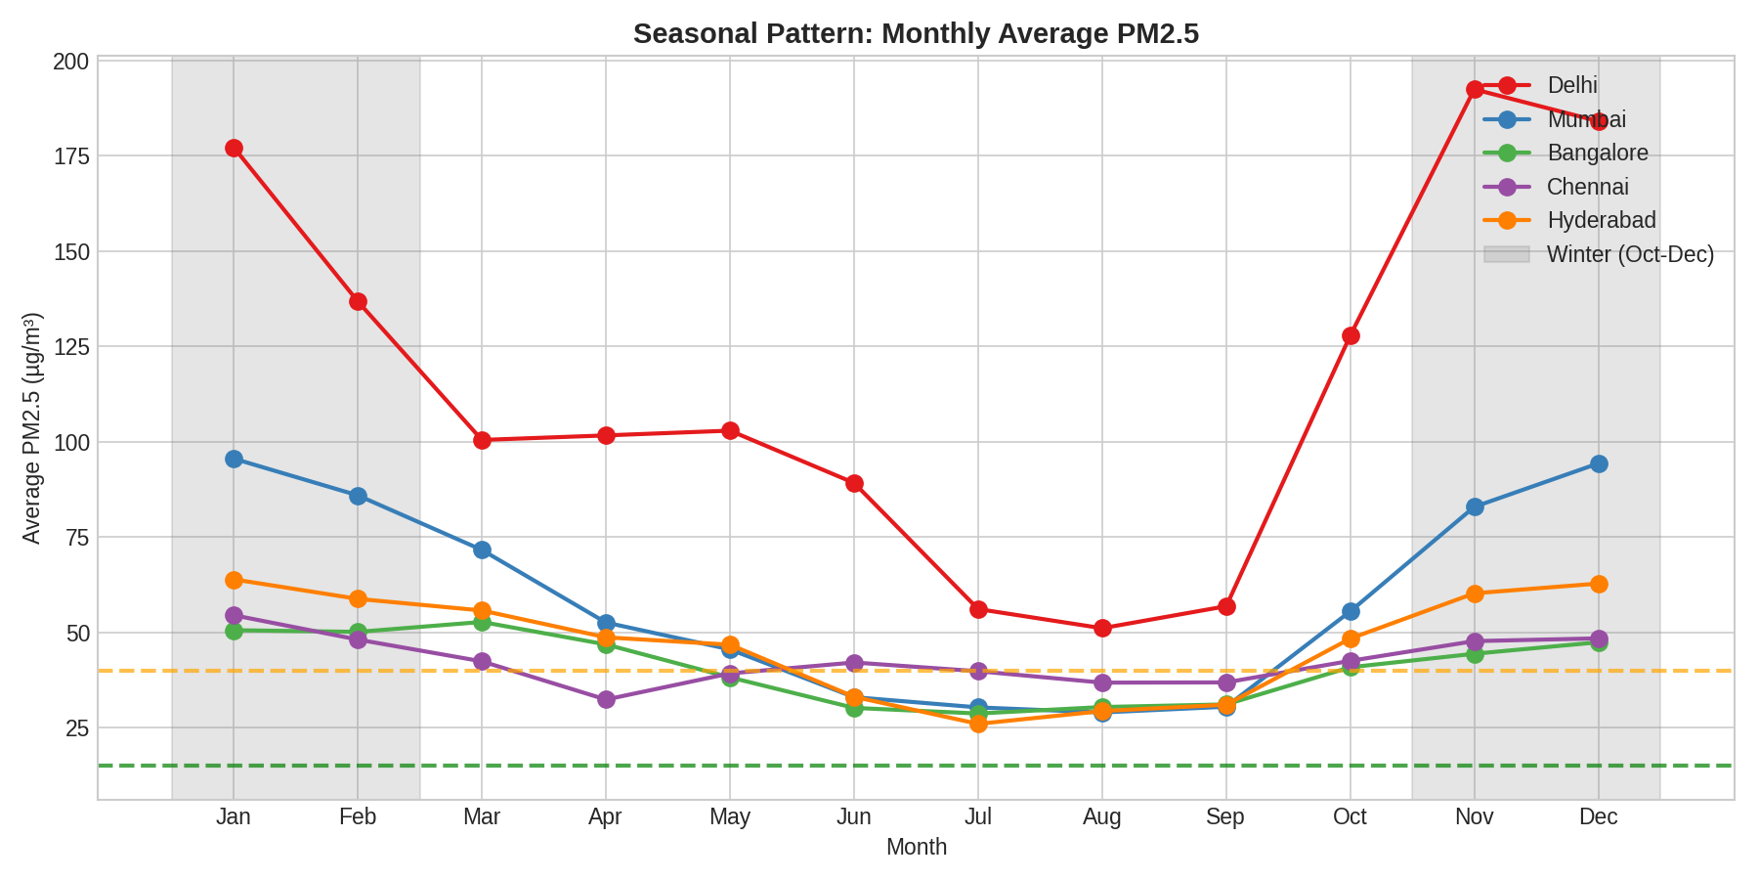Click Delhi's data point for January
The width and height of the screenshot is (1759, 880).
pyautogui.click(x=234, y=149)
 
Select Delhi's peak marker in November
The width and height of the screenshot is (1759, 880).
pyautogui.click(x=1475, y=89)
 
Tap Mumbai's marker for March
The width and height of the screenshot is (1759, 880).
pyautogui.click(x=482, y=550)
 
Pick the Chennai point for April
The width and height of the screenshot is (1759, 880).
pyautogui.click(x=606, y=700)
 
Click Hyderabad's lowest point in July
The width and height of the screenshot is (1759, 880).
pyautogui.click(x=978, y=724)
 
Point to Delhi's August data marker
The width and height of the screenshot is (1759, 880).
pyautogui.click(x=1102, y=628)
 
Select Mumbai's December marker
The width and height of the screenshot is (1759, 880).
pyautogui.click(x=1599, y=463)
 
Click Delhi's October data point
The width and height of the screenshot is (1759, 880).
pyautogui.click(x=1351, y=336)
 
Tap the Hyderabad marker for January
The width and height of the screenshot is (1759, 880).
pyautogui.click(x=234, y=580)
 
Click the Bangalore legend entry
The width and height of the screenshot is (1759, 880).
pyautogui.click(x=1597, y=154)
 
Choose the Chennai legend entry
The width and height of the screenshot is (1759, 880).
pyautogui.click(x=1587, y=187)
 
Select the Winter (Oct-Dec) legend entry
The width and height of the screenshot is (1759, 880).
pyautogui.click(x=1630, y=255)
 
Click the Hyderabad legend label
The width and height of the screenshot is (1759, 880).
pyautogui.click(x=1601, y=221)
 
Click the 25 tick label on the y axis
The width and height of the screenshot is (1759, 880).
pyautogui.click(x=76, y=728)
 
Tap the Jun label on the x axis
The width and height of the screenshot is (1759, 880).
pyautogui.click(x=854, y=817)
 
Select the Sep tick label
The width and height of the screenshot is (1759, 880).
pyautogui.click(x=1225, y=817)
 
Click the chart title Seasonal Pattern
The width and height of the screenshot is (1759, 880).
pyautogui.click(x=916, y=34)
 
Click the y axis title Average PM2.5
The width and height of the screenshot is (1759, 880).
pyautogui.click(x=32, y=428)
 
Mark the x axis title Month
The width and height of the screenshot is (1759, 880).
pyautogui.click(x=916, y=848)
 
